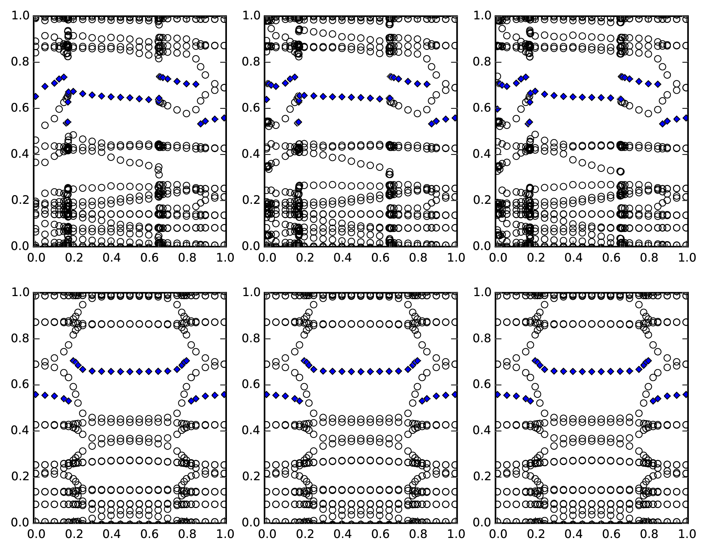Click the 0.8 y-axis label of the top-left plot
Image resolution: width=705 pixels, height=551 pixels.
tap(20, 62)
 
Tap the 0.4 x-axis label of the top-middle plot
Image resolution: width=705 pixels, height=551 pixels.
tap(342, 257)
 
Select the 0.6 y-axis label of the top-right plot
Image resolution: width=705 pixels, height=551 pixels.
tap(482, 108)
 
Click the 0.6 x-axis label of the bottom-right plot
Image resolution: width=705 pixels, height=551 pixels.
tap(610, 534)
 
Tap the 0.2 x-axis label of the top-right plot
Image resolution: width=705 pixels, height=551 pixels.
tap(534, 257)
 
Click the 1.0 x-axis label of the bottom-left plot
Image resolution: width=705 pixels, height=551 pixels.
tap(225, 534)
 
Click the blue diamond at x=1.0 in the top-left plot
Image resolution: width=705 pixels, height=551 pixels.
tap(224, 118)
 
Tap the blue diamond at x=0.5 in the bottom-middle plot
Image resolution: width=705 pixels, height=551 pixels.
tap(361, 371)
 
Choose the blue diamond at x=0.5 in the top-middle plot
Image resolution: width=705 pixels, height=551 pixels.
tap(361, 97)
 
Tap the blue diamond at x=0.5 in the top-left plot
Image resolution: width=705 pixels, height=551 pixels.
tap(130, 98)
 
